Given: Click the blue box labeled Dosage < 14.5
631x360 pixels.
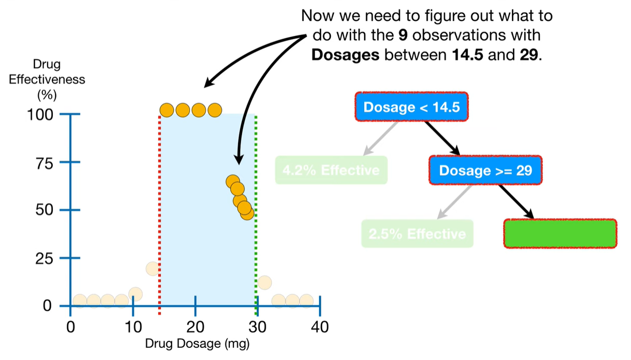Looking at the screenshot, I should (x=411, y=107).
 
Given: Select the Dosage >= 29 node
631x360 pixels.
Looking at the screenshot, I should (x=485, y=170).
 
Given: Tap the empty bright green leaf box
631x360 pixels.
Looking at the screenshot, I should (x=560, y=233).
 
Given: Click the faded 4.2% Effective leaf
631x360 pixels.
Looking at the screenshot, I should (x=331, y=170).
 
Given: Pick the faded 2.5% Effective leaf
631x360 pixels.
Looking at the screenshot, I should (x=417, y=233).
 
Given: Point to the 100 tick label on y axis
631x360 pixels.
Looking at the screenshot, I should (x=40, y=114).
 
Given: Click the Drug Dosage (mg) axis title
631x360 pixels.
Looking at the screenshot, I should (x=197, y=344).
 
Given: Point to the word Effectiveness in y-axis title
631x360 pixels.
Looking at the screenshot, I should (x=47, y=80).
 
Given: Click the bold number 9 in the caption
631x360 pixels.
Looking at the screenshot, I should (x=402, y=35).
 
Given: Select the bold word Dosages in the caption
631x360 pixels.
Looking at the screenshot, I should (x=345, y=55).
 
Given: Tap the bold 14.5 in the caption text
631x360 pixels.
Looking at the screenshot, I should (x=466, y=55).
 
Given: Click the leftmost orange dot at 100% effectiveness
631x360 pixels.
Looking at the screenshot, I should (x=167, y=110).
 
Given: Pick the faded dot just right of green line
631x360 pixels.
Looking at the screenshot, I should (x=264, y=282).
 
